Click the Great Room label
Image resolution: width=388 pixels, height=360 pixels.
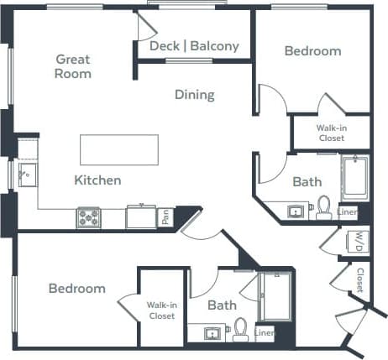73,66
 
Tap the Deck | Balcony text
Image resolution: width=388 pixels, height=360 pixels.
194,46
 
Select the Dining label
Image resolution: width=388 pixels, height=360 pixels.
194,95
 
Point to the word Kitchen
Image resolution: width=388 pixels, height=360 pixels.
97,180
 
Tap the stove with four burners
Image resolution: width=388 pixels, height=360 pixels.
89,217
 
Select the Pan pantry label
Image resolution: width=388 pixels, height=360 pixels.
165,218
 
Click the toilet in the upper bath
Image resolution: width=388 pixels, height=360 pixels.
323,206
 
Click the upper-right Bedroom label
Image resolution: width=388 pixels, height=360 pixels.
312,51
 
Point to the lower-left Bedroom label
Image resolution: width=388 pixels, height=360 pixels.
76,288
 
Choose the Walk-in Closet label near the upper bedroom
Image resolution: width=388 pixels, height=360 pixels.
331,133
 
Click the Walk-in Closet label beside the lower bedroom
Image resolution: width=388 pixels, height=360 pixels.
160,310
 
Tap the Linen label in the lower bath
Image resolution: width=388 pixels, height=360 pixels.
265,333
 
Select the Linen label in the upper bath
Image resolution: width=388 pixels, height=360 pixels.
348,212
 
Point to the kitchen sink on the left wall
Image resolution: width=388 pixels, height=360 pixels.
26,175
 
